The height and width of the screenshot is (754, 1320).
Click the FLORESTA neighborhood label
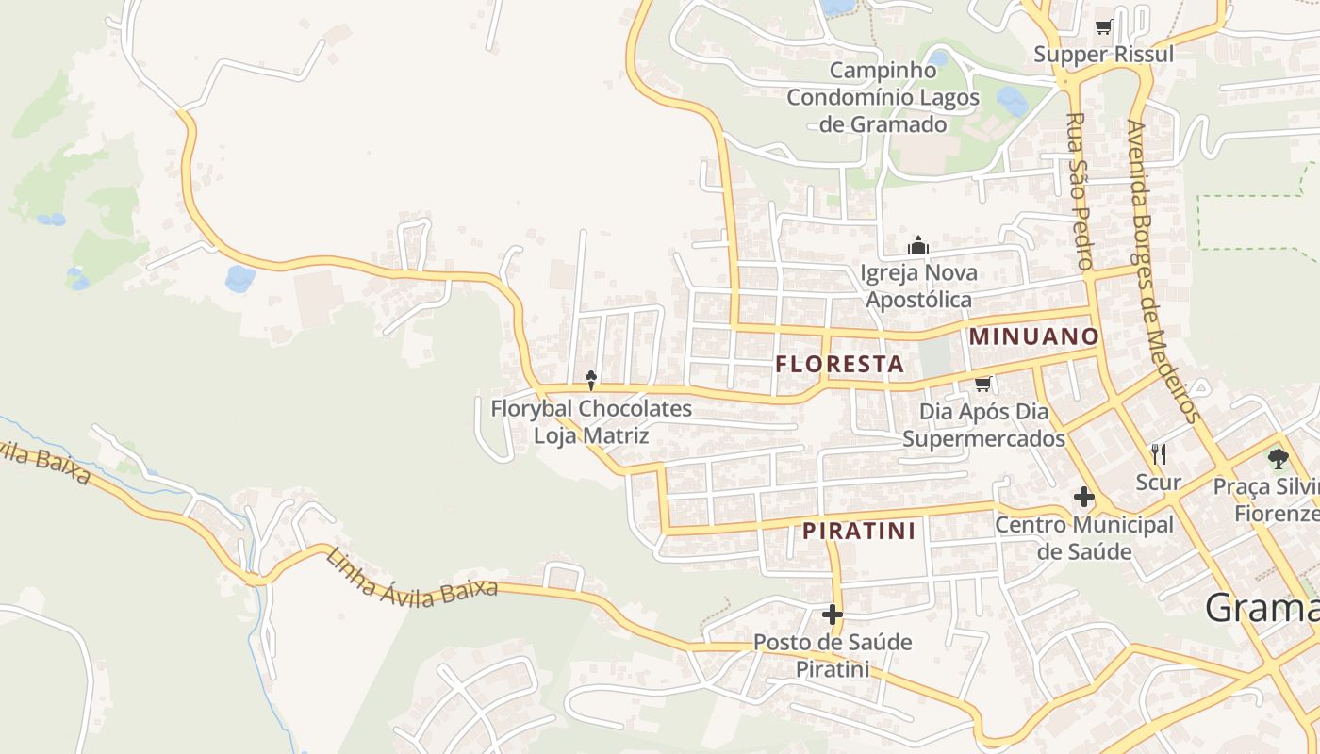click(x=839, y=364)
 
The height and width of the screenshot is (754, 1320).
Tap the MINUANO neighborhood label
click(x=1034, y=336)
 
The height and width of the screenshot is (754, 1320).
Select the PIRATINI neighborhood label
click(x=859, y=532)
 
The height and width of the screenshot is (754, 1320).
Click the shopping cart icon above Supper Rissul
click(x=1103, y=27)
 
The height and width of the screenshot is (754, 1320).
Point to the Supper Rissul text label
click(x=1103, y=54)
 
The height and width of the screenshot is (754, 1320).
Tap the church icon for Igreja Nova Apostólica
click(x=918, y=246)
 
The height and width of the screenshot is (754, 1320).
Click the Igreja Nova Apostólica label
click(x=918, y=287)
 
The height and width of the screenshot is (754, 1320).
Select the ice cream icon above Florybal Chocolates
click(x=591, y=381)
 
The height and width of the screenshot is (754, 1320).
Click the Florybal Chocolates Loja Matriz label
click(x=591, y=422)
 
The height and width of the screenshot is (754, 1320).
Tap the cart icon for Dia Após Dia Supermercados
click(x=983, y=384)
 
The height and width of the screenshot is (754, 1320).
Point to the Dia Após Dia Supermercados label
click(x=984, y=425)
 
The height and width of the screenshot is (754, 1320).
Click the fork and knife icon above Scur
click(x=1159, y=454)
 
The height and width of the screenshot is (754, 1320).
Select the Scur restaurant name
click(x=1159, y=483)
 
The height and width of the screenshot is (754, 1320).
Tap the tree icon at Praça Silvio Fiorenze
click(x=1278, y=459)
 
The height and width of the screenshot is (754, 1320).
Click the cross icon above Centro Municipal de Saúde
click(x=1084, y=496)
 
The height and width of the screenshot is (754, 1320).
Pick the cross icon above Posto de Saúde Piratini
click(x=832, y=615)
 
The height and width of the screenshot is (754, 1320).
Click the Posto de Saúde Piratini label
click(x=832, y=655)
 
